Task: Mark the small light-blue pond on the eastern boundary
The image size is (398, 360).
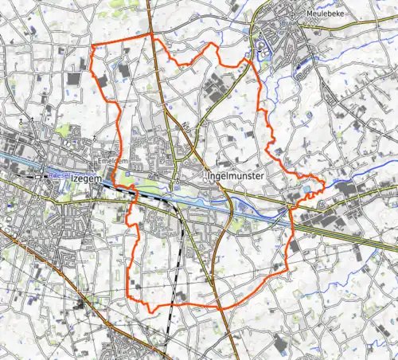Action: coord(308,190)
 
